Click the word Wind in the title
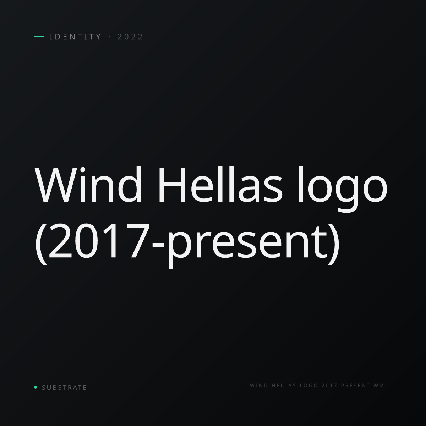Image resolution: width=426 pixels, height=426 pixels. (88, 184)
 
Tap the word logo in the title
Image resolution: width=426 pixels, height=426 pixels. (342, 189)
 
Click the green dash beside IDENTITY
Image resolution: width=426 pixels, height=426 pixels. (39, 37)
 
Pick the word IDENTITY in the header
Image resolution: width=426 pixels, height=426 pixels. (75, 37)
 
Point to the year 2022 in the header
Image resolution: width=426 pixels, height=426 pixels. (130, 37)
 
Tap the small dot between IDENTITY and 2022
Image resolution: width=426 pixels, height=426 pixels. (110, 37)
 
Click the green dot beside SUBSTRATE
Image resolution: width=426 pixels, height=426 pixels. (35, 387)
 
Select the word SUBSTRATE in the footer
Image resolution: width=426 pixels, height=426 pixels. (64, 388)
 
